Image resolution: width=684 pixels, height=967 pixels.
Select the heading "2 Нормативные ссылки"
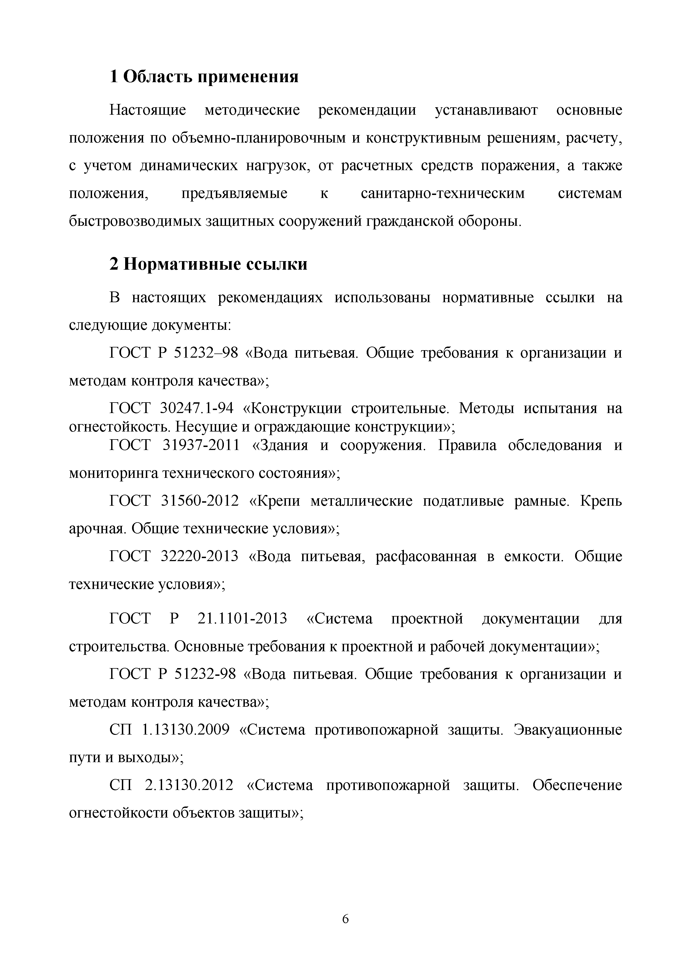coord(208,264)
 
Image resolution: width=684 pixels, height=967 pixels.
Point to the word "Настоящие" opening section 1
coord(148,110)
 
